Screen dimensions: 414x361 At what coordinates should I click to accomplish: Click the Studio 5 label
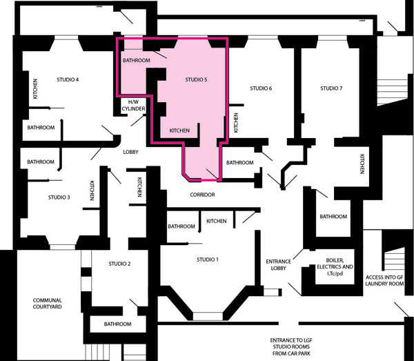196,79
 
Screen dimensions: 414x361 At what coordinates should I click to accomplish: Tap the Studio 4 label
68,79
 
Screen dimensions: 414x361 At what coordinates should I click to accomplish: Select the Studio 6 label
261,88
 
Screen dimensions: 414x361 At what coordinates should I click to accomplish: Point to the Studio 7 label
331,88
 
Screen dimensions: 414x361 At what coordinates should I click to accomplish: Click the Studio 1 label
208,260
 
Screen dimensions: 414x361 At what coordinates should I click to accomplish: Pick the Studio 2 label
119,264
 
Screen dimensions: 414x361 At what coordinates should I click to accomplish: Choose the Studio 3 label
59,197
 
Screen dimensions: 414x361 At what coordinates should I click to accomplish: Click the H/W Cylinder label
133,106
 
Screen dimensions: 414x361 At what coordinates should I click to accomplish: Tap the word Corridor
202,195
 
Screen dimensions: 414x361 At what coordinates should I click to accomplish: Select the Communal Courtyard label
47,304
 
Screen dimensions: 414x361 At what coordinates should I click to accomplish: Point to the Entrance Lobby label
278,264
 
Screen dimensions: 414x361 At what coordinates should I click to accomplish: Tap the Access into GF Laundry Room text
384,280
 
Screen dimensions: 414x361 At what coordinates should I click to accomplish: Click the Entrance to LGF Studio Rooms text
291,347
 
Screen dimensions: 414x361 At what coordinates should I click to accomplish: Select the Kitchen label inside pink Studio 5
179,130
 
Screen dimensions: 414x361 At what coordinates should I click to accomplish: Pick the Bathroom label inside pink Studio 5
136,60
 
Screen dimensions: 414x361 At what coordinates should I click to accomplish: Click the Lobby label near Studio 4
130,152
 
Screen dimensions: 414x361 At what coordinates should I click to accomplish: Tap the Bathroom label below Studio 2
117,324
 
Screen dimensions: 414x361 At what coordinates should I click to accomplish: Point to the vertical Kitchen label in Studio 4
35,89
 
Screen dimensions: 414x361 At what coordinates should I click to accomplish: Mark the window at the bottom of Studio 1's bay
208,316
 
